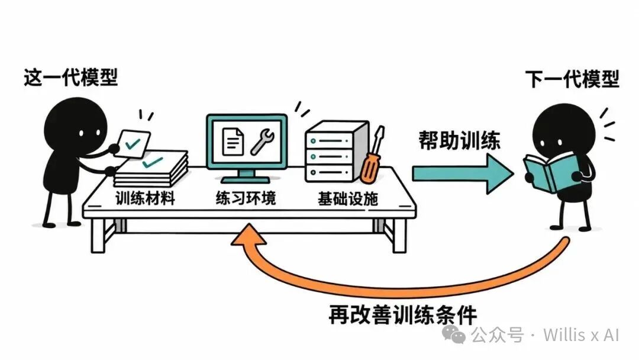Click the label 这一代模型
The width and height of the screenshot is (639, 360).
pos(70,77)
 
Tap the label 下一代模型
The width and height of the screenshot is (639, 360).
pos(572,79)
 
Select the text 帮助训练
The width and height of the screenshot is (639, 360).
pos(459,141)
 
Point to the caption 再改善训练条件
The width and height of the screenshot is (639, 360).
pos(403,315)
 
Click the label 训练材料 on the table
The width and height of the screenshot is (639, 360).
pos(145,198)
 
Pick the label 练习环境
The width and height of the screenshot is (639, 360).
pos(246,198)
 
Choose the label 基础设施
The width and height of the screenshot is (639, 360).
pos(348,199)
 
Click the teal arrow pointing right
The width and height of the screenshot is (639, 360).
pos(463,173)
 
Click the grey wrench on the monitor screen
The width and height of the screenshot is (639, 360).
pos(262,142)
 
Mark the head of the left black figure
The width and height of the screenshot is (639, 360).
pos(75,126)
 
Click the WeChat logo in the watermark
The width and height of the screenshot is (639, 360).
pos(454,335)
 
